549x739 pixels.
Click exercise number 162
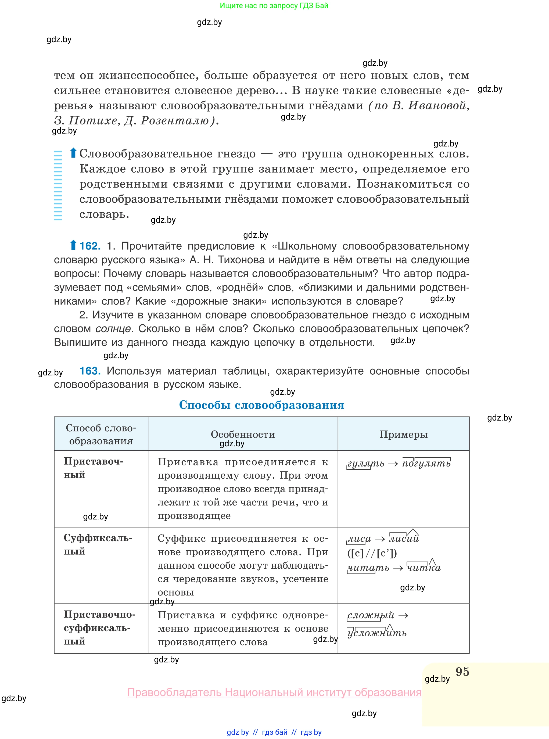(x=90, y=246)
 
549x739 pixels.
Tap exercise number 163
(x=90, y=371)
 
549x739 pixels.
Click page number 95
(x=462, y=672)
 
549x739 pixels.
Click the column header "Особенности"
(x=243, y=434)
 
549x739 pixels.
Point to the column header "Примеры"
(x=403, y=434)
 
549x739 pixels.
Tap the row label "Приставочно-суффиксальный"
(x=99, y=628)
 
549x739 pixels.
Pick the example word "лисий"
(x=404, y=539)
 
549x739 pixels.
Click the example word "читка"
(x=424, y=568)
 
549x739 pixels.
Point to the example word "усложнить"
(x=377, y=633)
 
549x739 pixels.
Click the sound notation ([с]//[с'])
(x=372, y=553)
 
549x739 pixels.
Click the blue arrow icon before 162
(x=73, y=245)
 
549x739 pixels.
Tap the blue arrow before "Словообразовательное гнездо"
(x=73, y=153)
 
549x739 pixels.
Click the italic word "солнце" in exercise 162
(x=113, y=329)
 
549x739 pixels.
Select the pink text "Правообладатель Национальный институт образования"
(x=274, y=692)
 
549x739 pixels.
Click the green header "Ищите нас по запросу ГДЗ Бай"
(x=274, y=6)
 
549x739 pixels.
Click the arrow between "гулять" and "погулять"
(x=393, y=464)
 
